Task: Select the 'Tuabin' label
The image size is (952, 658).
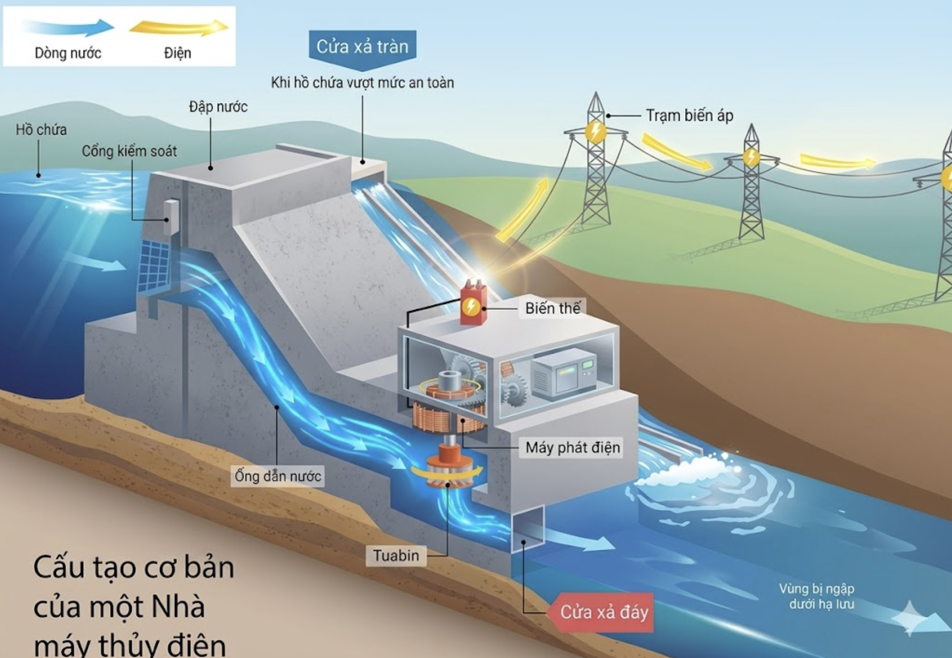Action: click(x=396, y=555)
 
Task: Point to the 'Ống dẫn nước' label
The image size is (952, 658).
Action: click(x=278, y=476)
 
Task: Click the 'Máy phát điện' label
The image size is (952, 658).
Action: click(x=573, y=447)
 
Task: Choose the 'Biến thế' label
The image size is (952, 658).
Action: click(x=553, y=308)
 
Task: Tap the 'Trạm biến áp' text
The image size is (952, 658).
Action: click(x=689, y=116)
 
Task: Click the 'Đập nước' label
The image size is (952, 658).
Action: click(x=218, y=107)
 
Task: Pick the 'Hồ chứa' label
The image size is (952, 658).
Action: click(x=41, y=130)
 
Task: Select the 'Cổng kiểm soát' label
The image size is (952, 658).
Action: click(x=129, y=151)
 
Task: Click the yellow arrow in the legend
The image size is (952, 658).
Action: click(x=179, y=28)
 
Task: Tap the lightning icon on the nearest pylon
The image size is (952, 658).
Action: click(x=595, y=132)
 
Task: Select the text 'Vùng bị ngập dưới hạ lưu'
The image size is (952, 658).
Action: click(x=817, y=596)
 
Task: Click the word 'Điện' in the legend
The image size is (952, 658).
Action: click(x=178, y=53)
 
